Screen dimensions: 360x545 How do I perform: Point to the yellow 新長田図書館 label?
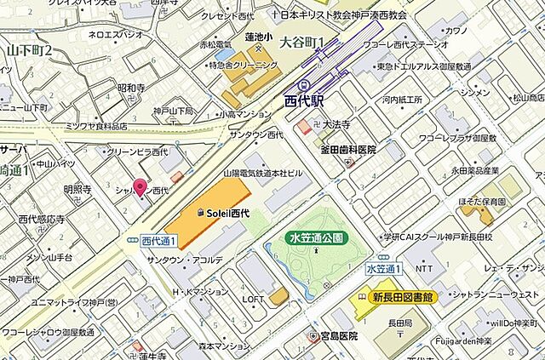(403, 298)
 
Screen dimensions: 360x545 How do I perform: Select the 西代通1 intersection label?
(158, 241)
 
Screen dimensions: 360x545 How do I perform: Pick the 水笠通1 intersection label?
(383, 269)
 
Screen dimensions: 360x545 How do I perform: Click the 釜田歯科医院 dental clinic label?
(347, 150)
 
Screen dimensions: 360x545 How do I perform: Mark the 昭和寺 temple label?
(133, 88)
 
